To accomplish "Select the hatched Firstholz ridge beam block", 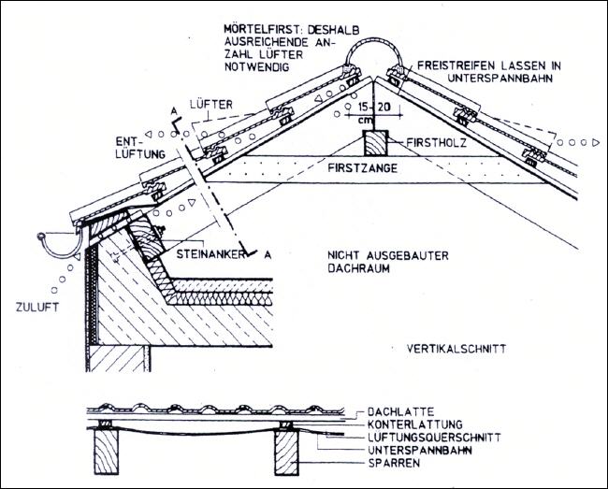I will point(375,145).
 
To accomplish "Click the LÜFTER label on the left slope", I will point(210,105).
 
